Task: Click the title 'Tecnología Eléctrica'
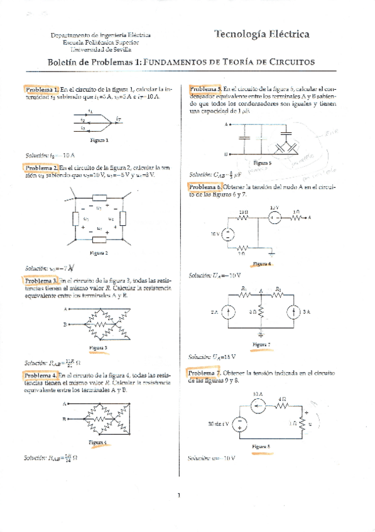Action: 261,35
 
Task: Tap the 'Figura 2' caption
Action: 99,253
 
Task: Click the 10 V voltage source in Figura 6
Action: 228,234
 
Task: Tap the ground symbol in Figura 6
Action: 271,254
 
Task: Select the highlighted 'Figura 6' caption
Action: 261,264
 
